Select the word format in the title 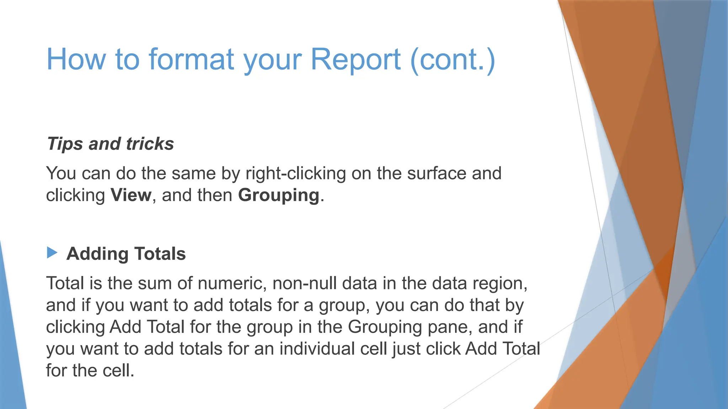[192, 59]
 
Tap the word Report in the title [356, 59]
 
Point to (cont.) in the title [453, 59]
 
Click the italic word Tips [65, 144]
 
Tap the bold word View [131, 195]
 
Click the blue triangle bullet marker [52, 253]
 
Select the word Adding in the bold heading [97, 254]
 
